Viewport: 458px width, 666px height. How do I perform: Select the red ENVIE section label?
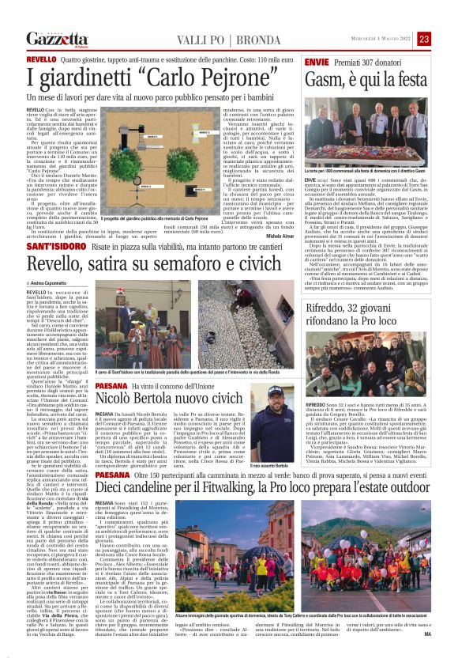click(x=316, y=60)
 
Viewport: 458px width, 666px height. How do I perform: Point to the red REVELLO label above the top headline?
click(x=41, y=59)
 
